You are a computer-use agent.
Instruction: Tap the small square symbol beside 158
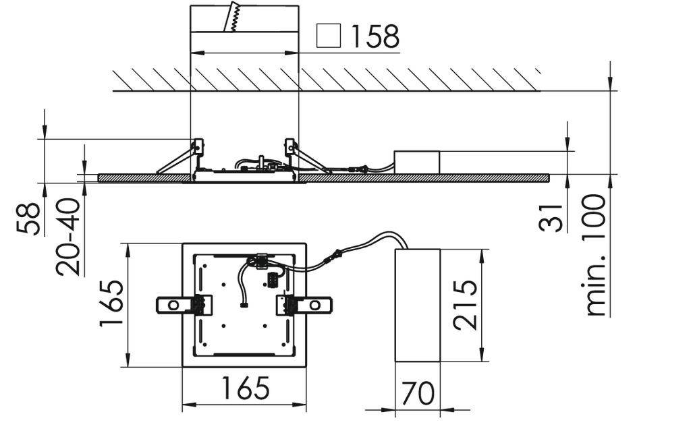(x=329, y=36)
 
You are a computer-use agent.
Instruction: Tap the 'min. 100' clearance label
(x=597, y=255)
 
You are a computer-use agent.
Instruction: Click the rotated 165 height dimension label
(x=111, y=304)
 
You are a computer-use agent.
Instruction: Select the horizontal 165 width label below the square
(x=244, y=388)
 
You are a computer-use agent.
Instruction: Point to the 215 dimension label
(x=466, y=305)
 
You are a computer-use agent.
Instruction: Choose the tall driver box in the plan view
(x=417, y=305)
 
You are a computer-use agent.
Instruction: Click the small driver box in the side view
(x=416, y=162)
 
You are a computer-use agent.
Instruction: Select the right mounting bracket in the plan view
(x=305, y=306)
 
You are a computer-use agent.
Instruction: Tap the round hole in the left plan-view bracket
(x=173, y=306)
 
